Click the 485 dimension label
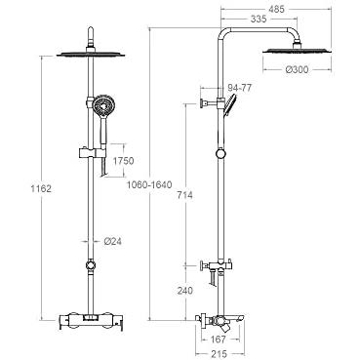coord(276,9)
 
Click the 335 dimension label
coord(259,20)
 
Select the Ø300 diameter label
coord(297,69)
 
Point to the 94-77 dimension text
coord(240,88)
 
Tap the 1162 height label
coord(41,188)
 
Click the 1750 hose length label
coord(123,161)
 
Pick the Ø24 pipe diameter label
coord(113,241)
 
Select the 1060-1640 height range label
coord(149,185)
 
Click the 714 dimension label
coord(184,195)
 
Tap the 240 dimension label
coord(184,291)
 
